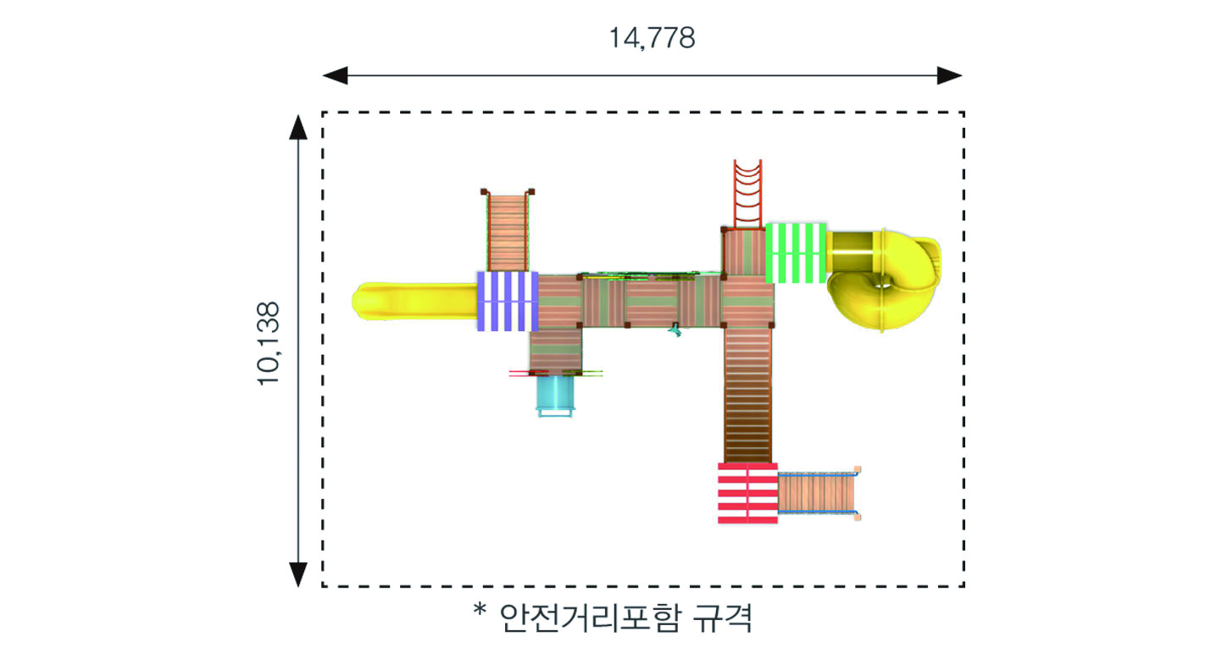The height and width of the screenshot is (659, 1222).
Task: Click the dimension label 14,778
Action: [652, 38]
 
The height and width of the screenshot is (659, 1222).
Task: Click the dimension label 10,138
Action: [269, 343]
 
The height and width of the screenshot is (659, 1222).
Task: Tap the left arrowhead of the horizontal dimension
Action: [335, 75]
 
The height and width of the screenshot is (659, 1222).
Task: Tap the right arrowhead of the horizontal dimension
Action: [949, 75]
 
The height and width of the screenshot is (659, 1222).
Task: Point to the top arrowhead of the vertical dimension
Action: [298, 127]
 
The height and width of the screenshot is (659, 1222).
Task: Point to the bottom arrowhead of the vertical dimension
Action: [298, 574]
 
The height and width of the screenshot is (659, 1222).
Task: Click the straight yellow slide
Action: [414, 301]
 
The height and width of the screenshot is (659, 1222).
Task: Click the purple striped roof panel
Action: [508, 302]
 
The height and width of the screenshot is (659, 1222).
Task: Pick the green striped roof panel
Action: [796, 253]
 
